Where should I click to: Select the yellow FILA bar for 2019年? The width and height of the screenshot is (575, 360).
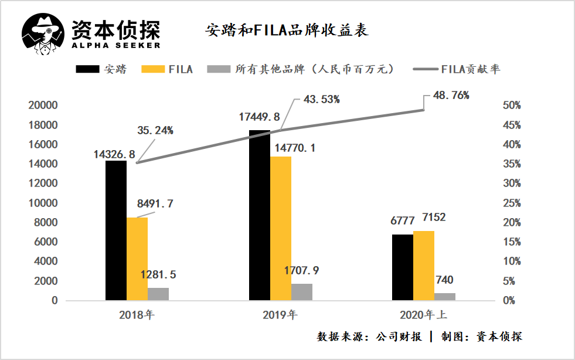(281, 228)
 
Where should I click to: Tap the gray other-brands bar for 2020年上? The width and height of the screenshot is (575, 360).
(445, 297)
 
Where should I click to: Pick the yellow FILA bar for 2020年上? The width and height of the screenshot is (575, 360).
(424, 266)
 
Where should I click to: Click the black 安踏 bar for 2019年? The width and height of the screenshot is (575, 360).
(260, 215)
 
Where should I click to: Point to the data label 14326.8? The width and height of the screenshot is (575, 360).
(114, 155)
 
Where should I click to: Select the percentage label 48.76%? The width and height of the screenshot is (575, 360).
(451, 95)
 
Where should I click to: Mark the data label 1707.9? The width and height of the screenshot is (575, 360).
(302, 271)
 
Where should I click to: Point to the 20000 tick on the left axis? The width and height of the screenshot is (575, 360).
(43, 106)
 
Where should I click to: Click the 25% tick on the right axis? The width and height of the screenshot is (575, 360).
(513, 203)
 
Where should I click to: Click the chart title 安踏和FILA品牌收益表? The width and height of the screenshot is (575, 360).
(287, 30)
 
